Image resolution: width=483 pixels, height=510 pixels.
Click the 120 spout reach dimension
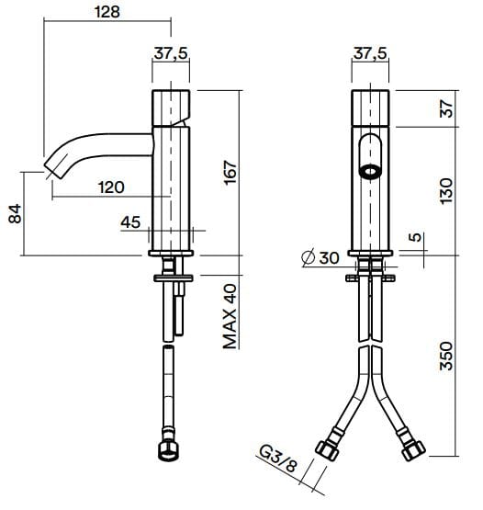[110, 187]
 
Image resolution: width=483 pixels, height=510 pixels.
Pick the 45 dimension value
[130, 221]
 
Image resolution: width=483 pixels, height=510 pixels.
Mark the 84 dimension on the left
[14, 214]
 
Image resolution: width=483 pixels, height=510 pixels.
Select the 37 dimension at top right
[448, 108]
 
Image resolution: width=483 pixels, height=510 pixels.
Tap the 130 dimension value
[448, 190]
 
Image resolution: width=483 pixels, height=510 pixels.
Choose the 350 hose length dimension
[448, 357]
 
